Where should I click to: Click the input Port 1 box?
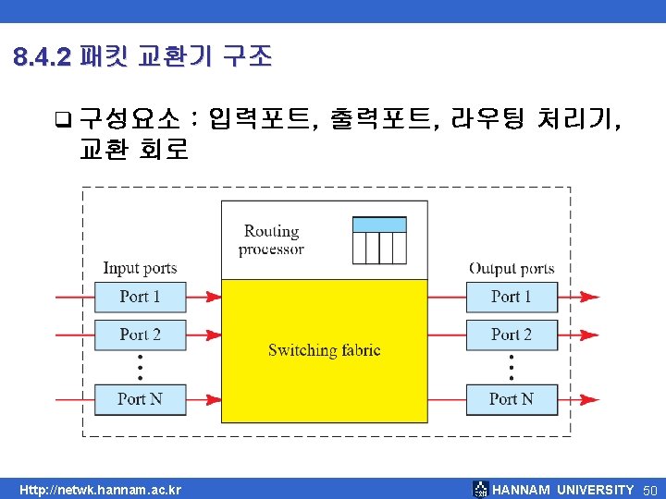141,297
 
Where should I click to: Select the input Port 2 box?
141,334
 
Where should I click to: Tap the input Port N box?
141,399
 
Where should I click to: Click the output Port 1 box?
512,297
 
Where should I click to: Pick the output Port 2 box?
512,334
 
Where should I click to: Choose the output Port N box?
512,399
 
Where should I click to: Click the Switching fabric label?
324,350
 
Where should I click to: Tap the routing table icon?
379,240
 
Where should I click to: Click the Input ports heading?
140,269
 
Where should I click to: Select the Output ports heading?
512,269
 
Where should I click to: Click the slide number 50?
649,490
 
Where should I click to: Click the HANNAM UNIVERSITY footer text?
563,490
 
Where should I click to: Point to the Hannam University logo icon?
480,490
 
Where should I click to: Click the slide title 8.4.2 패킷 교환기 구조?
143,57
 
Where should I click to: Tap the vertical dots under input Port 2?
141,366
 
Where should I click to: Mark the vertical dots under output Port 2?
512,366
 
